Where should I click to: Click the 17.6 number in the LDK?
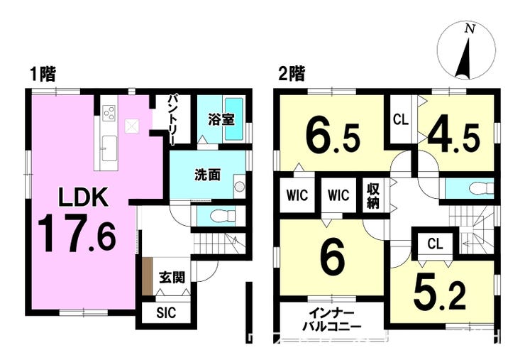click(x=77, y=234)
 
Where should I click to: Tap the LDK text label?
click(x=83, y=197)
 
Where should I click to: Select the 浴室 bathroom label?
click(x=221, y=119)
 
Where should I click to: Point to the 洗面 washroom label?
click(x=208, y=175)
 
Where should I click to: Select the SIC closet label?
click(x=166, y=312)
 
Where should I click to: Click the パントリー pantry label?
click(x=174, y=120)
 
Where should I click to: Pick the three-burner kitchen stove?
click(x=109, y=113)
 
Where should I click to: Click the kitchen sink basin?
click(x=109, y=148)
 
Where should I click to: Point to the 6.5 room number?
click(x=333, y=138)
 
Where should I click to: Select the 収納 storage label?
click(x=373, y=196)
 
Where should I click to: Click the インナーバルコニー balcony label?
click(x=331, y=320)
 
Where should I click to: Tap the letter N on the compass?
click(x=470, y=29)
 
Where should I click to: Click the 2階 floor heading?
click(x=292, y=74)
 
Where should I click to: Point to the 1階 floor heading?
click(x=43, y=74)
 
